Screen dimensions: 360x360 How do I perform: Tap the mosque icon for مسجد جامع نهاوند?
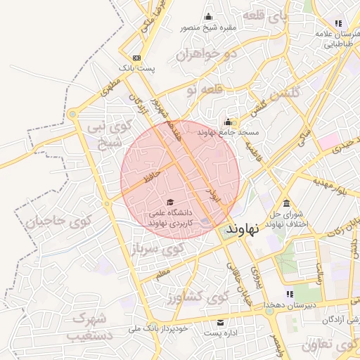tap(228, 120)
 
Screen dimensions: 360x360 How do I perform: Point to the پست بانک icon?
tap(136, 58)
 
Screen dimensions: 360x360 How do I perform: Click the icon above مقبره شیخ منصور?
tap(207, 17)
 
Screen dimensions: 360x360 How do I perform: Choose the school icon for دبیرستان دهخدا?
tap(289, 294)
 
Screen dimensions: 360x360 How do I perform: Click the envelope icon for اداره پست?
tap(221, 322)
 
